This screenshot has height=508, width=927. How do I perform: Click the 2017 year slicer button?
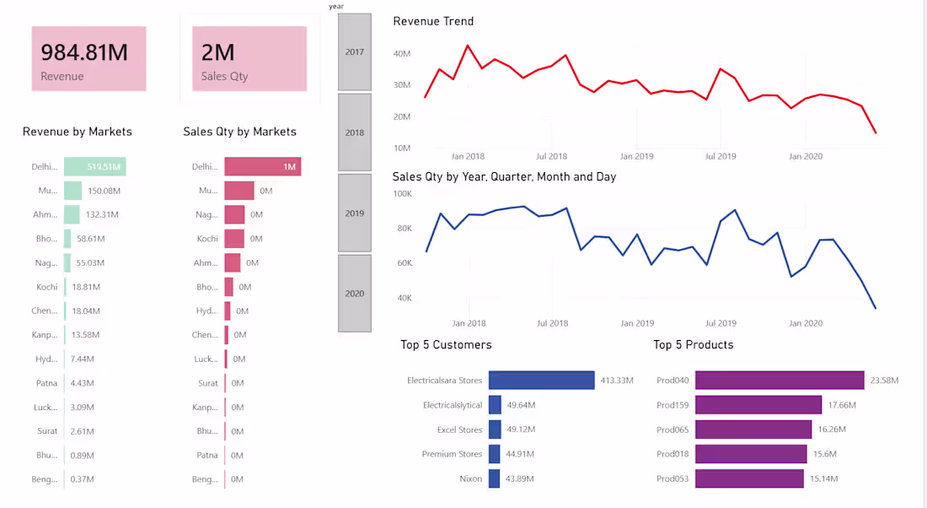pyautogui.click(x=355, y=52)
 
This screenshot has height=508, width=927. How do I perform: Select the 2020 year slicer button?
pyautogui.click(x=355, y=294)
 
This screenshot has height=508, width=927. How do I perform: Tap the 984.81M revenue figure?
pyautogui.click(x=84, y=52)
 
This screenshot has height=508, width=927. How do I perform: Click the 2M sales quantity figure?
pyautogui.click(x=218, y=52)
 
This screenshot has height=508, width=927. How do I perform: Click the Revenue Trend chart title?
pyautogui.click(x=433, y=21)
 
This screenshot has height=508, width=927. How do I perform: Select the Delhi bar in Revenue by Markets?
pyautogui.click(x=94, y=167)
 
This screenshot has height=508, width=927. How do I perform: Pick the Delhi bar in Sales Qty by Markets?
pyautogui.click(x=262, y=167)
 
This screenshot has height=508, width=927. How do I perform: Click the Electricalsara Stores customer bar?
pyautogui.click(x=542, y=381)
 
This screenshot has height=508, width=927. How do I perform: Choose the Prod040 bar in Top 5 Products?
pyautogui.click(x=780, y=381)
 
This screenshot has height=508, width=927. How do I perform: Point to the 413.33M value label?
pyautogui.click(x=616, y=381)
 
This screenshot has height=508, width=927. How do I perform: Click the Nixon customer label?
pyautogui.click(x=471, y=478)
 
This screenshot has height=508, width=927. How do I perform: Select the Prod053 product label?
pyautogui.click(x=672, y=478)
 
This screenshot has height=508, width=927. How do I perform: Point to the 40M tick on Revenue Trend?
pyautogui.click(x=402, y=53)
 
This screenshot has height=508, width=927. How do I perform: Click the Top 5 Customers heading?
pyautogui.click(x=446, y=345)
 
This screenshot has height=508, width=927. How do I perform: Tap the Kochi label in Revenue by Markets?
pyautogui.click(x=47, y=287)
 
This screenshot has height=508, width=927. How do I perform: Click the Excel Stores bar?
pyautogui.click(x=495, y=430)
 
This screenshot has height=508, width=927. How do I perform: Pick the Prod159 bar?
pyautogui.click(x=758, y=405)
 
